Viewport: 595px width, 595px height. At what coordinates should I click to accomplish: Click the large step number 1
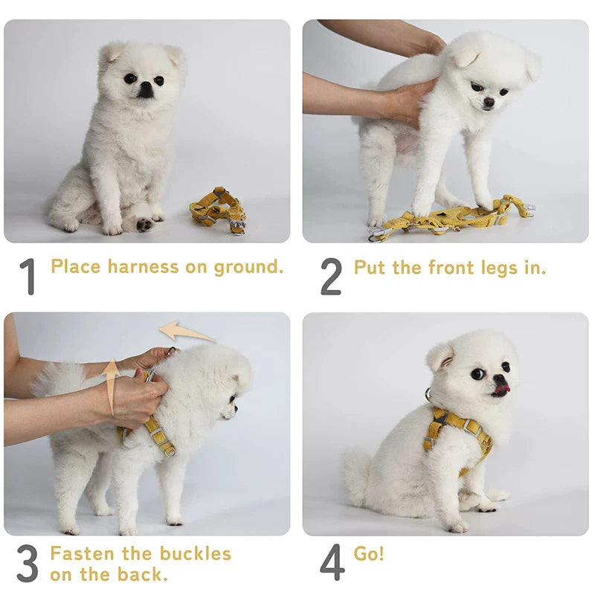(28, 276)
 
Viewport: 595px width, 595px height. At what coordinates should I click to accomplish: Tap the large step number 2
(331, 276)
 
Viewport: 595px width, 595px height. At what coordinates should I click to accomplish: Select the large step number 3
(28, 563)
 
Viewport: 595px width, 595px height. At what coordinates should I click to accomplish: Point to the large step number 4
(332, 562)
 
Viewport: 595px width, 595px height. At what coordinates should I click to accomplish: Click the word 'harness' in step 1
(143, 266)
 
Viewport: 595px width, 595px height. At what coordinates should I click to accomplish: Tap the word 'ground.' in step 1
(248, 268)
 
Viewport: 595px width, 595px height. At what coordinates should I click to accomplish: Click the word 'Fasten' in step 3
(82, 553)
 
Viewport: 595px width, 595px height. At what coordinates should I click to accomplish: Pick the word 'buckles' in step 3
(196, 553)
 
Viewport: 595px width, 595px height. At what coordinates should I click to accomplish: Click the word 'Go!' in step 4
(368, 553)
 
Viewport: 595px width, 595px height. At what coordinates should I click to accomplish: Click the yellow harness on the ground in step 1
(218, 210)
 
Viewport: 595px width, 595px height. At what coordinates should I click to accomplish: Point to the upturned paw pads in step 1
(144, 225)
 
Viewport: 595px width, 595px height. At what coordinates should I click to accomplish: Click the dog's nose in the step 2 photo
(489, 102)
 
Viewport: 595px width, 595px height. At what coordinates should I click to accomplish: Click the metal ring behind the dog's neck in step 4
(429, 394)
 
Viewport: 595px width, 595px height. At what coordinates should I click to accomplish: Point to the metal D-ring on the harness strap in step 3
(170, 452)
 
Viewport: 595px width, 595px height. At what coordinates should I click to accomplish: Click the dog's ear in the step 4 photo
(441, 356)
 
